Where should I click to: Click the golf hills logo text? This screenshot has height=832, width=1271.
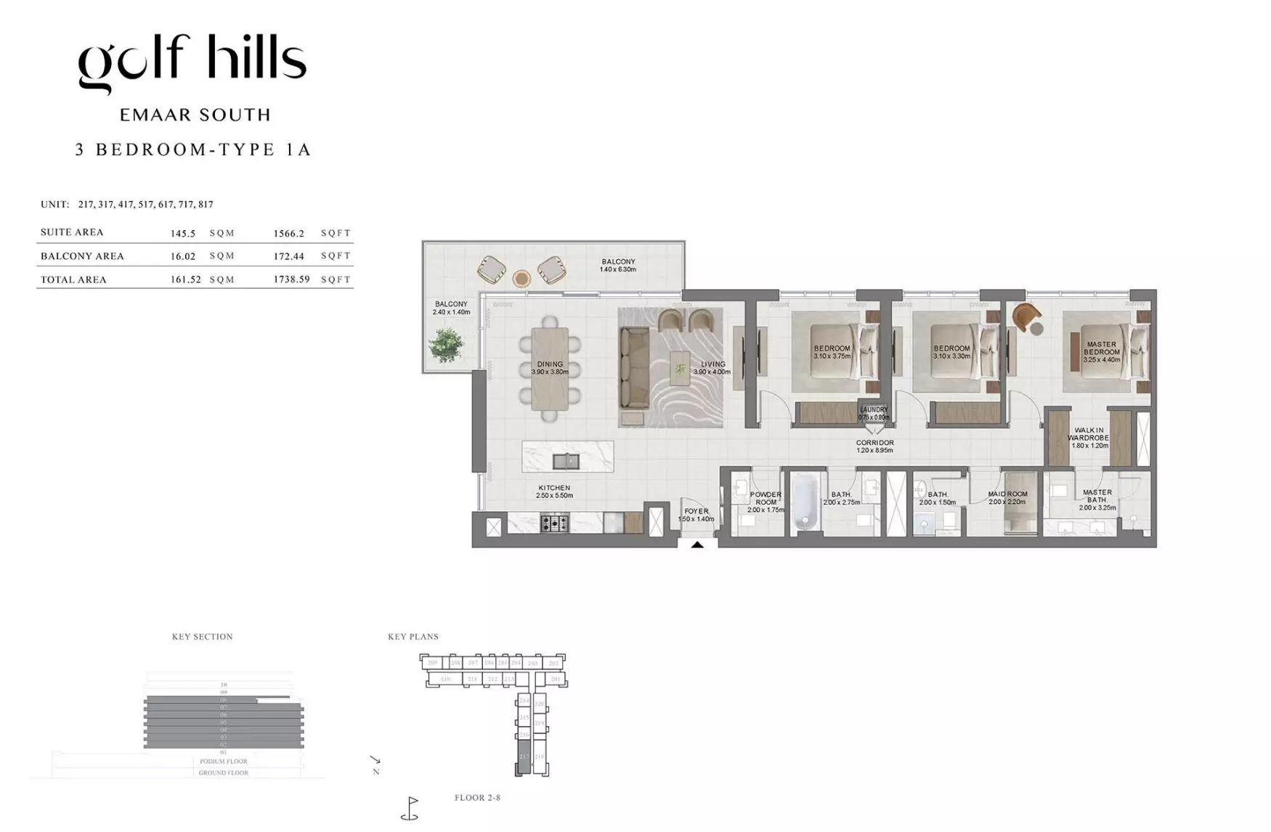(192, 61)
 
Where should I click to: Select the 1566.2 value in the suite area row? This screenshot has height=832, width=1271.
(288, 233)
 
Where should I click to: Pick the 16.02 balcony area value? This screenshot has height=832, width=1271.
(183, 256)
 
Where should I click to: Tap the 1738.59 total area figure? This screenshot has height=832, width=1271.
(291, 279)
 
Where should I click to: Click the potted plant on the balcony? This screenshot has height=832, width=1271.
(446, 344)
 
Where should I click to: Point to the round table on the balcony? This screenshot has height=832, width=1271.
(521, 278)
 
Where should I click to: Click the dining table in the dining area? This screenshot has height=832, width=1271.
(550, 369)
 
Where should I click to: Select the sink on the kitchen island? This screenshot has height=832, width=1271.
(566, 460)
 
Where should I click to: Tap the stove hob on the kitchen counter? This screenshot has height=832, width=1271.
(554, 523)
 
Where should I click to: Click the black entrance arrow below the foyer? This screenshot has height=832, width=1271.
(697, 545)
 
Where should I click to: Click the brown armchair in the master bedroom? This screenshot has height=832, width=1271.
(1026, 317)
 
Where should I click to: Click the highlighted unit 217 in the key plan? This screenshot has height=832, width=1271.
(524, 756)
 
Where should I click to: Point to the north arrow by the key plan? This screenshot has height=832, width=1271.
(375, 760)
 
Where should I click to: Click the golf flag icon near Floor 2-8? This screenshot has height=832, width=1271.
(410, 808)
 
